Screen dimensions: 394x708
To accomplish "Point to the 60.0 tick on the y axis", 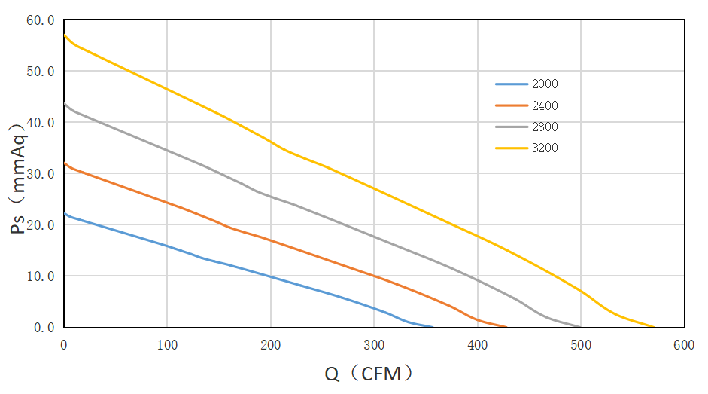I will pos(41,20).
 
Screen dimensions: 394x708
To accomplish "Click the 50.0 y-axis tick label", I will pos(41,72).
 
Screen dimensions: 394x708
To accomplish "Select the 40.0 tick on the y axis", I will pos(41,123).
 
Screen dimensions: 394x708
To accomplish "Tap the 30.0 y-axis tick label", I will pos(41,174).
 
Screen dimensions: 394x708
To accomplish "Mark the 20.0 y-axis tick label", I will pos(41,225).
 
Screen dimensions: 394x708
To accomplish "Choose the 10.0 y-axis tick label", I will pos(41,276).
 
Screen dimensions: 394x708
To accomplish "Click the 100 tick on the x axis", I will pos(167,344).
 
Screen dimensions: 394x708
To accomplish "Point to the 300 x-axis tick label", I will pos(374,344).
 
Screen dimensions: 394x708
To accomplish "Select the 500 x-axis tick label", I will pos(581,344).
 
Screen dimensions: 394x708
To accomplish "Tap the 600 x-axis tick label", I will pos(684,344).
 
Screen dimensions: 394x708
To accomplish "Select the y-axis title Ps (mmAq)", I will pos(20,177).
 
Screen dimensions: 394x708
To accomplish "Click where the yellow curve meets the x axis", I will pos(655,327).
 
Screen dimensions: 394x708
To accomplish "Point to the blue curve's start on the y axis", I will pos(64,213).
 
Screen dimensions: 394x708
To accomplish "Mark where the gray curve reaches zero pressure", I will pos(581,327).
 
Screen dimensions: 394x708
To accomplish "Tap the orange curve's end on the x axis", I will pos(507,327).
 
